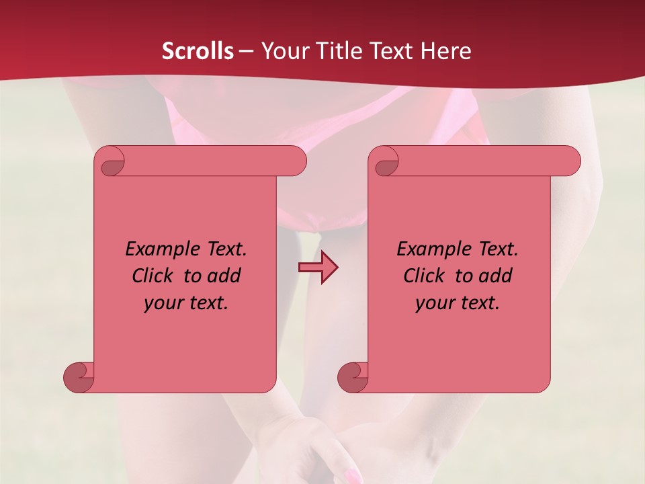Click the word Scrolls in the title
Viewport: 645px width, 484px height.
[x=198, y=51]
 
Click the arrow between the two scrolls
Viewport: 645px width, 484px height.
[x=318, y=268]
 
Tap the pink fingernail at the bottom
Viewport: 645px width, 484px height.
[x=351, y=477]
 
